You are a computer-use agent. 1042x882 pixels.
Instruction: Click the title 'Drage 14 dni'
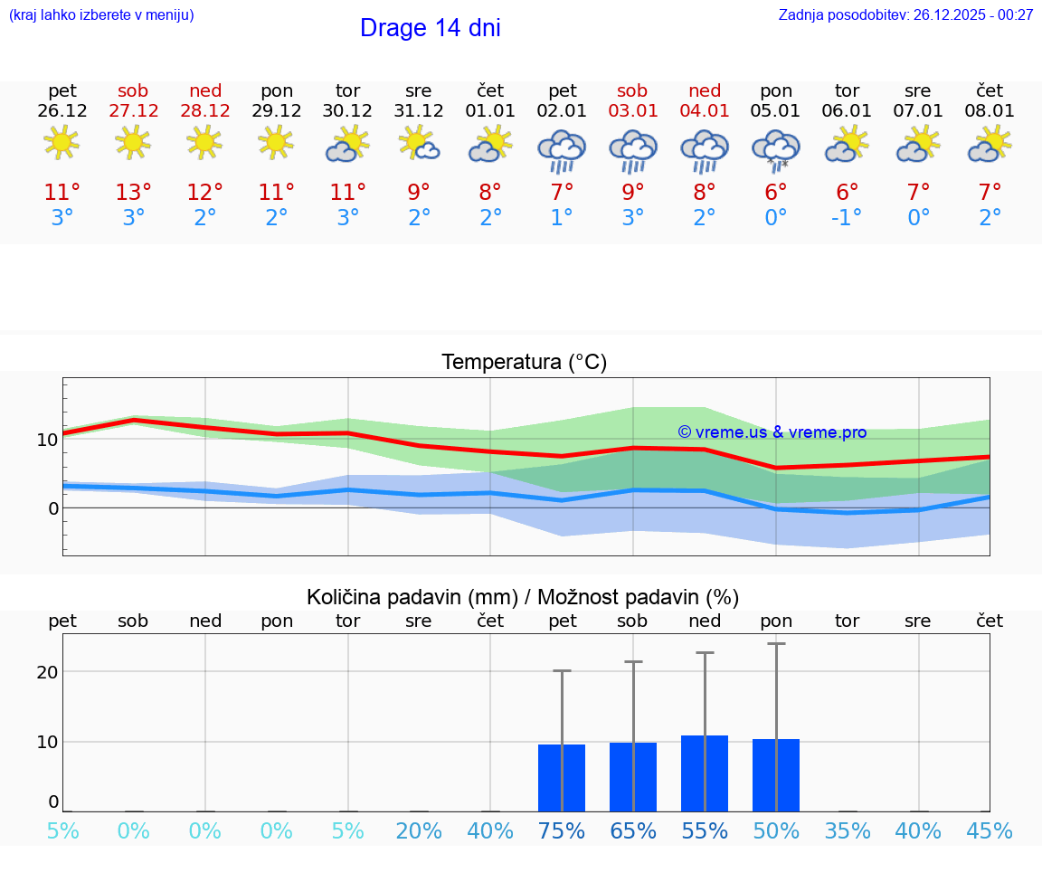coord(430,28)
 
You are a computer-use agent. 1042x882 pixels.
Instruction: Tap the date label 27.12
coord(134,111)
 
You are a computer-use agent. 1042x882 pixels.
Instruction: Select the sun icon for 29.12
coord(276,142)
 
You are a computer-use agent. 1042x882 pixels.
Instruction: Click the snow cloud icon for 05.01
coord(775,149)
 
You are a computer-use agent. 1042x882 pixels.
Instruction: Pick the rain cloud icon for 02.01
coord(562,149)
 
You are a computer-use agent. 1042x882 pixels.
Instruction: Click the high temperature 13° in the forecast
coord(134,192)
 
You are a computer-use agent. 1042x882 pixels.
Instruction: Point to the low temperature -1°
coord(846,218)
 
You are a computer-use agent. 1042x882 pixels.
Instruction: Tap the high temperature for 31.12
coord(419,192)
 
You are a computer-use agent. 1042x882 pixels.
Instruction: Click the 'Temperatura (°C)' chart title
coord(524,363)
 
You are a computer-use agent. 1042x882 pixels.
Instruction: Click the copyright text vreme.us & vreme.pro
coord(772,432)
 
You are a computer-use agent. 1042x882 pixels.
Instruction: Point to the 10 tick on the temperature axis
coord(47,440)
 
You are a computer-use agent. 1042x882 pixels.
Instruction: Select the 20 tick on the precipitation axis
coord(47,672)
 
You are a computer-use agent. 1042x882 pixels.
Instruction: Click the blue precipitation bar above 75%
coord(562,778)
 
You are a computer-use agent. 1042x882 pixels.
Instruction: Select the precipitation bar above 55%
coord(705,773)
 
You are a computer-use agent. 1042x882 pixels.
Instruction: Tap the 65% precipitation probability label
coord(633,831)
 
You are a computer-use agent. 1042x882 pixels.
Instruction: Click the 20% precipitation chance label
coord(419,831)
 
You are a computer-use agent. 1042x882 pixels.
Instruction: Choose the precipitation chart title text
coord(523,597)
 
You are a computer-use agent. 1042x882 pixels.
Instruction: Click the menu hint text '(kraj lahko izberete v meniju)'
coord(101,15)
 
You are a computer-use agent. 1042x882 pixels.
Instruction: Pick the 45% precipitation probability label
coord(990,831)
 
